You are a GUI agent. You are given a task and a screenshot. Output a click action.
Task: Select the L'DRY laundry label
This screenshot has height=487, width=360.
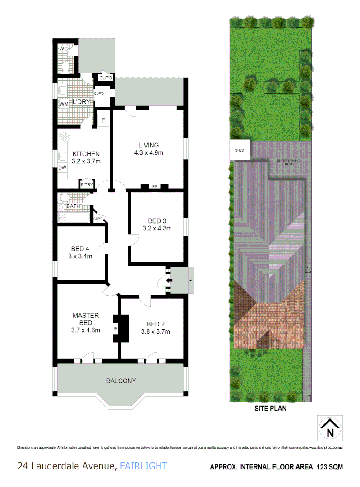click(x=81, y=102)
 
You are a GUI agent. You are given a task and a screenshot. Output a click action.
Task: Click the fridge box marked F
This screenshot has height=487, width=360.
click(x=103, y=120)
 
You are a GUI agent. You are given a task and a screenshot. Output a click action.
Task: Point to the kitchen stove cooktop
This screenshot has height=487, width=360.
click(x=64, y=135)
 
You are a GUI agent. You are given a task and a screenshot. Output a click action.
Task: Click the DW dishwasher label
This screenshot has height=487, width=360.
click(x=62, y=168)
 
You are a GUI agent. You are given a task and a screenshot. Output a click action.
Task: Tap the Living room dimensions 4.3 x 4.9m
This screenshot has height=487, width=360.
click(x=148, y=152)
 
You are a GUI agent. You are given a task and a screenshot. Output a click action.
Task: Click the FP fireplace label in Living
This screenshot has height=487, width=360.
click(x=154, y=186)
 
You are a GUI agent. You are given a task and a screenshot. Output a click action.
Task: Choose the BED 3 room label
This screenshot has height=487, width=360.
click(x=157, y=221)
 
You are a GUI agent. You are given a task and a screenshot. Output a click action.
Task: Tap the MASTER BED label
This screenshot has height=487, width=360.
click(x=85, y=319)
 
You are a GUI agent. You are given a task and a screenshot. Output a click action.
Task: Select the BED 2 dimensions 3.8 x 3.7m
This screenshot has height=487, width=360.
click(x=155, y=331)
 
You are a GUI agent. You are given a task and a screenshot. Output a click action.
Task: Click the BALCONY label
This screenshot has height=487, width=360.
click(x=121, y=381)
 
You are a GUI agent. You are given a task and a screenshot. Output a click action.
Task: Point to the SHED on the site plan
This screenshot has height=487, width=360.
click(x=240, y=151)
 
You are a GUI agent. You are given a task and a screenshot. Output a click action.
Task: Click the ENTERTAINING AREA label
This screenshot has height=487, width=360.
click(x=288, y=162)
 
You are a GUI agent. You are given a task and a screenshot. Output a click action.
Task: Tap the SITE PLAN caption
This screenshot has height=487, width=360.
click(x=270, y=409)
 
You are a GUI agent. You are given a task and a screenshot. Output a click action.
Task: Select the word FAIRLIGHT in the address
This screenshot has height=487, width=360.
click(x=143, y=466)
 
